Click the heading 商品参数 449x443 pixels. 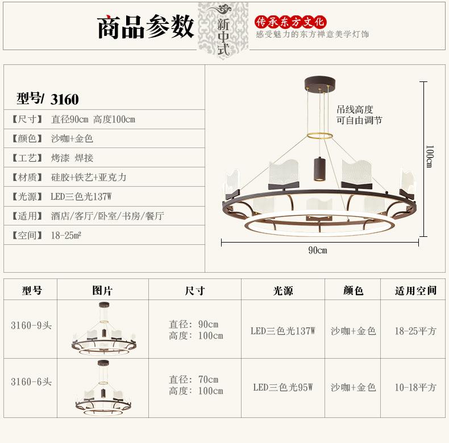[145, 27]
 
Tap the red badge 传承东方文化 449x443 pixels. [290, 22]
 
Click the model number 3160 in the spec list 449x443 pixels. [65, 99]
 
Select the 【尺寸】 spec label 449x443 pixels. [27, 120]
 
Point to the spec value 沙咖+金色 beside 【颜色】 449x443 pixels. [72, 139]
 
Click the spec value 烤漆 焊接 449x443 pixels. [72, 158]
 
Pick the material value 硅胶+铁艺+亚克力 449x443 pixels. [89, 178]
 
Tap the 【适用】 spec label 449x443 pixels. [27, 216]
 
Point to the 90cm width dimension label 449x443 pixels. [318, 250]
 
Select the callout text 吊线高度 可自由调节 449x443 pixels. [359, 115]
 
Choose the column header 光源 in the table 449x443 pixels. [282, 291]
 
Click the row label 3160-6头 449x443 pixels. [31, 382]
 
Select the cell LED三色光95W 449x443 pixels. [282, 387]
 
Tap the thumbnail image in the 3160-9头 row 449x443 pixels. [103, 331]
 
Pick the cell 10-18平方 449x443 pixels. [415, 387]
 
